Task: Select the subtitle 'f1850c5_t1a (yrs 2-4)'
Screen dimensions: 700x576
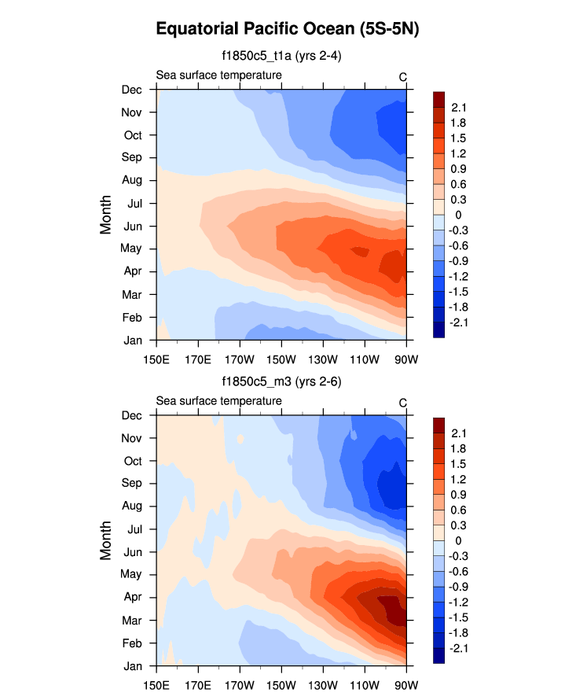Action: tap(281, 56)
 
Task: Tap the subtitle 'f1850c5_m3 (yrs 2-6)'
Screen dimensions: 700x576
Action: tap(281, 382)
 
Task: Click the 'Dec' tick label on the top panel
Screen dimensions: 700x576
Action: tap(132, 90)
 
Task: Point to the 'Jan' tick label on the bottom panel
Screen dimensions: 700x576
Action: tap(133, 666)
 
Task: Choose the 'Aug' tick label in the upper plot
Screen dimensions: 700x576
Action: tap(132, 180)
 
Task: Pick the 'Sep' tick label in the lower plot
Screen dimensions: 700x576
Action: tap(132, 483)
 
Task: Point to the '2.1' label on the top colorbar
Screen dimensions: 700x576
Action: tap(459, 108)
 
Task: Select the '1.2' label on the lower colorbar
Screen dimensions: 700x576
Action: tap(459, 480)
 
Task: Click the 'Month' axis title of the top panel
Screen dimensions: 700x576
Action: tap(106, 215)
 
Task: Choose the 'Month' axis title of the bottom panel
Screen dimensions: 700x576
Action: tap(106, 541)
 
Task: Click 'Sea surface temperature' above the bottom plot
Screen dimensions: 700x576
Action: tap(218, 401)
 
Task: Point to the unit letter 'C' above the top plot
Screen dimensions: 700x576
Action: tap(402, 76)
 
